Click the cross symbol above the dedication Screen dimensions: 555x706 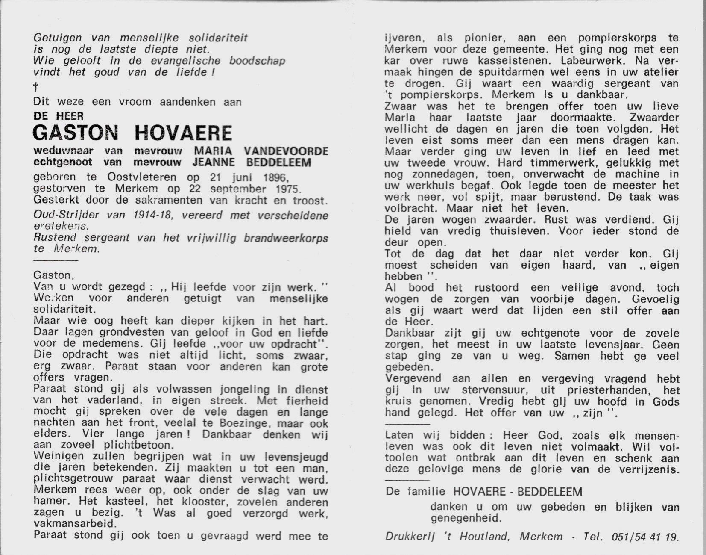(x=36, y=88)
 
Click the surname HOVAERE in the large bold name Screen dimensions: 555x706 (x=183, y=133)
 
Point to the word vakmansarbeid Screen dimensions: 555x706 (x=74, y=524)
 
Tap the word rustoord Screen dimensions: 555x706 (x=482, y=288)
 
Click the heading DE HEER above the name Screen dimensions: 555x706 (x=58, y=115)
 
